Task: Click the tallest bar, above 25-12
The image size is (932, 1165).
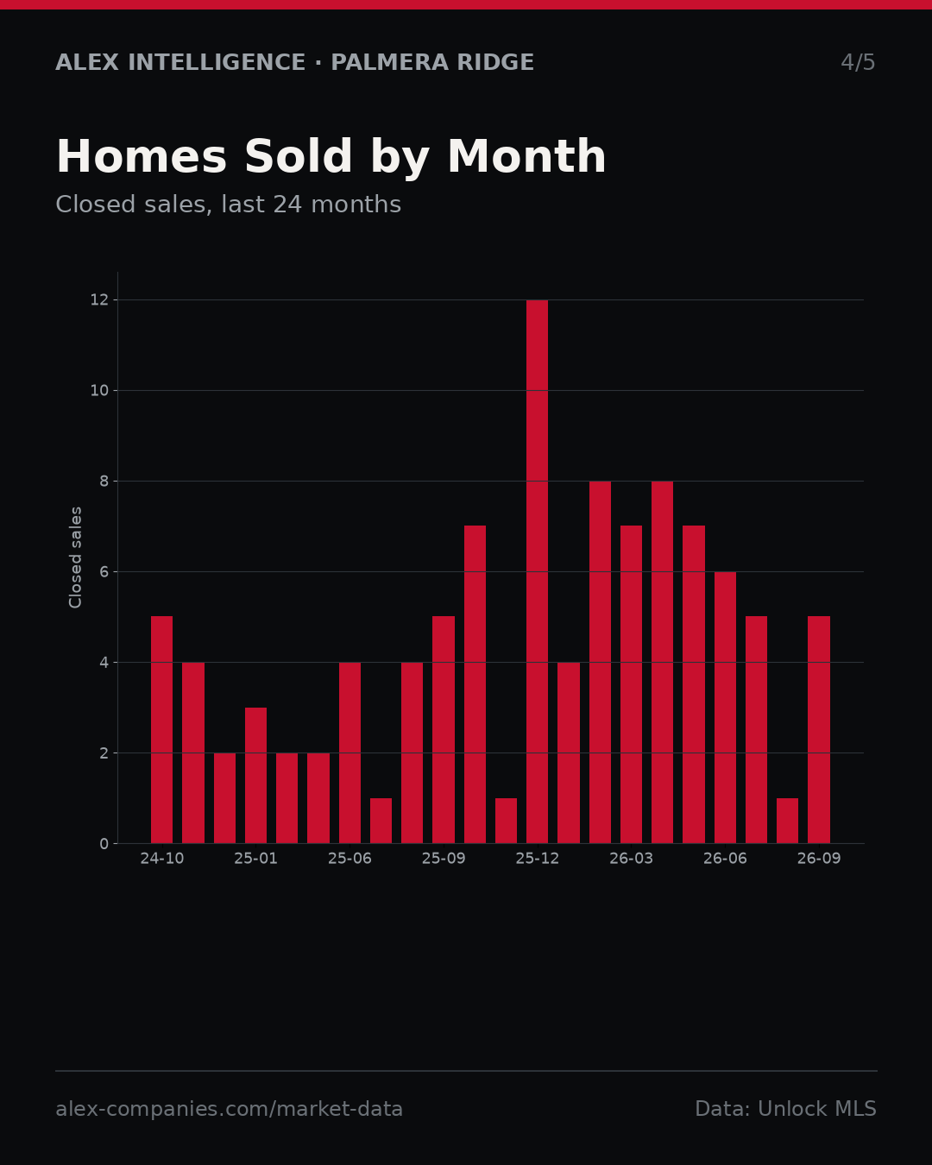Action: click(x=537, y=571)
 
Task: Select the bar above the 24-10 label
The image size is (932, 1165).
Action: click(x=162, y=730)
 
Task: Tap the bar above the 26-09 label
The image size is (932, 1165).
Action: click(x=818, y=730)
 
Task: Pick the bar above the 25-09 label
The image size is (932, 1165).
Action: click(x=444, y=730)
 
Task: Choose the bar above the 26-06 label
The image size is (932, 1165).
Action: click(x=725, y=708)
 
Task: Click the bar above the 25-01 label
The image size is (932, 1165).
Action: click(x=255, y=775)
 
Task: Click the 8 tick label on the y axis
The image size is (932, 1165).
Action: click(x=104, y=482)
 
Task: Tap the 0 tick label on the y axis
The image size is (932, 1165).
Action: click(x=104, y=844)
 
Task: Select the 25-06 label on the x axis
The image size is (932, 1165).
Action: click(x=349, y=859)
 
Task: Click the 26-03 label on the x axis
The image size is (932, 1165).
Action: click(x=631, y=859)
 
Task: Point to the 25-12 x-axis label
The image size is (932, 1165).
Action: click(x=538, y=859)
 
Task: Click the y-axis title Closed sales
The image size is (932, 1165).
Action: click(x=75, y=557)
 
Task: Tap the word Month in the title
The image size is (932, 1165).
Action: click(x=526, y=156)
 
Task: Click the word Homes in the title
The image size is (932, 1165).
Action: click(x=142, y=156)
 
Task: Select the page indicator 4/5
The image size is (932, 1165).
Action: click(x=858, y=62)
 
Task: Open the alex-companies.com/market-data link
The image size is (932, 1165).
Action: click(x=230, y=1109)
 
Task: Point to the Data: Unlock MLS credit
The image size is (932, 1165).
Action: click(x=786, y=1109)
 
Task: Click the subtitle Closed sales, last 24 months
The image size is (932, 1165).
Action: click(x=229, y=205)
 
